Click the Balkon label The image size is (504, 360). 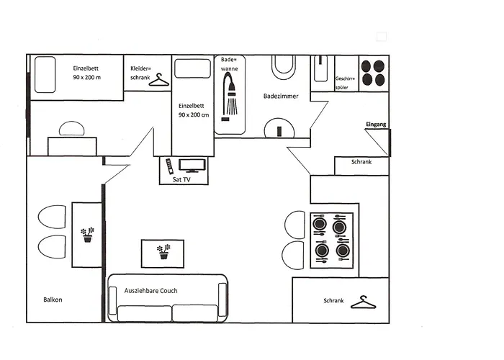tap(53, 300)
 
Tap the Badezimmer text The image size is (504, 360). tap(282, 96)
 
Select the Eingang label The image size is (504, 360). tap(376, 125)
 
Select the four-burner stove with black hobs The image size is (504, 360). tap(372, 73)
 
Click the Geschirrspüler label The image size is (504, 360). tap(346, 83)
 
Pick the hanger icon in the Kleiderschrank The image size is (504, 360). tap(158, 81)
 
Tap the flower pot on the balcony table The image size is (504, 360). tap(87, 235)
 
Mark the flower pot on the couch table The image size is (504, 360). tap(164, 251)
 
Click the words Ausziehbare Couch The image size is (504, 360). tap(150, 291)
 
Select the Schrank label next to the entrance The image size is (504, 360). tap(361, 163)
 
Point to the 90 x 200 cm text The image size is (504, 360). tap(194, 115)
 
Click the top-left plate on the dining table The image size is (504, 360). tap(320, 224)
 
